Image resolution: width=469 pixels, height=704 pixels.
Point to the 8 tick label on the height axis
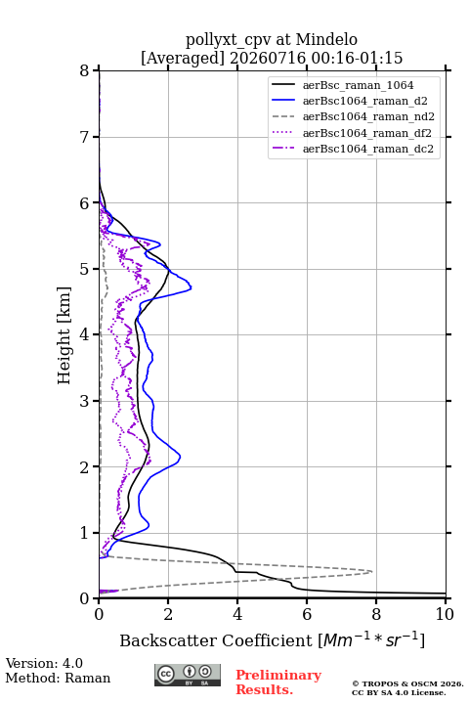pyautogui.click(x=85, y=70)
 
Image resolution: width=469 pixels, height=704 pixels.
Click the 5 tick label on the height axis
pyautogui.click(x=85, y=269)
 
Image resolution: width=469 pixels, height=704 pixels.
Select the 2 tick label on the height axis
pyautogui.click(x=85, y=467)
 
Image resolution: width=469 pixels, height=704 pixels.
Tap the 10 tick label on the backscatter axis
pyautogui.click(x=445, y=614)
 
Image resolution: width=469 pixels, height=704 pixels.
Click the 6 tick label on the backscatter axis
pyautogui.click(x=307, y=614)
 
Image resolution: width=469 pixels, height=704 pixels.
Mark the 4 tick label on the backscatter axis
pyautogui.click(x=237, y=614)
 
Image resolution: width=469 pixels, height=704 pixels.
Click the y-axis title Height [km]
pyautogui.click(x=64, y=335)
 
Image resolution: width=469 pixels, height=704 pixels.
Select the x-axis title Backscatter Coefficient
pyautogui.click(x=215, y=640)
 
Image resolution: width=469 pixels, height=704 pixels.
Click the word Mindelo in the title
pyautogui.click(x=326, y=39)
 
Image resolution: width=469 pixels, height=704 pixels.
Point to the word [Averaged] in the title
pyautogui.click(x=183, y=58)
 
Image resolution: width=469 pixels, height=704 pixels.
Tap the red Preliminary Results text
pyautogui.click(x=278, y=682)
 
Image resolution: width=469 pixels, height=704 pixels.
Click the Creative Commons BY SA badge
pyautogui.click(x=188, y=676)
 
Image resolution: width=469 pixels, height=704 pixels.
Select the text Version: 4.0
pyautogui.click(x=44, y=663)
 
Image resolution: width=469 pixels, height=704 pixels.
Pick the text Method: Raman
pyautogui.click(x=58, y=678)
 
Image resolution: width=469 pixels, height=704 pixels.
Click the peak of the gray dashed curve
pyautogui.click(x=372, y=572)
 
